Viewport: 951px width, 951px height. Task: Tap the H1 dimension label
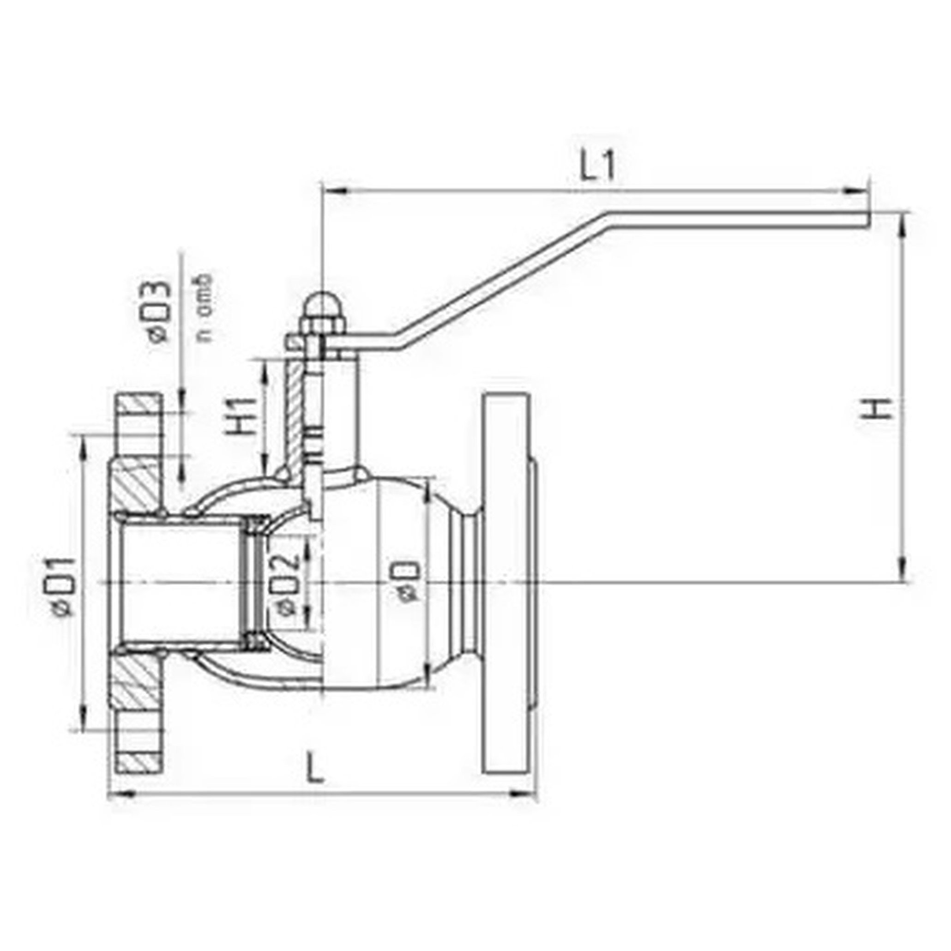(x=242, y=417)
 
